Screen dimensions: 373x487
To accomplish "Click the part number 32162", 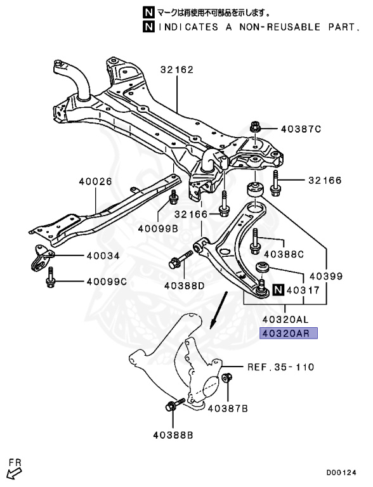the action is point(177,69).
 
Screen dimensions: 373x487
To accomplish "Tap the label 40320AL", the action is point(285,319).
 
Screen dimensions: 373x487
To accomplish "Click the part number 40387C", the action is point(301,129).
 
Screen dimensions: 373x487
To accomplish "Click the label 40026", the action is point(95,181).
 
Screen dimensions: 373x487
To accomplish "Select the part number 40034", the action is point(103,256).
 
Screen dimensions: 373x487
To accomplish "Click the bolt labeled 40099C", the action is point(50,277).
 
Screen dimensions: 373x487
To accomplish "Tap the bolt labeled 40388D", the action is point(181,260).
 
